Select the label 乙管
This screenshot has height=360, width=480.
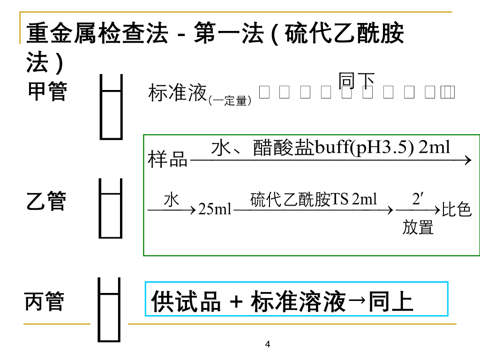click(46, 202)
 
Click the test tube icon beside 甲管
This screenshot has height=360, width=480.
click(112, 107)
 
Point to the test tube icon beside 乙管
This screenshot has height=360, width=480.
click(111, 208)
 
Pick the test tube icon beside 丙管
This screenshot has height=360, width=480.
click(109, 310)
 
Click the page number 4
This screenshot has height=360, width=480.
click(268, 345)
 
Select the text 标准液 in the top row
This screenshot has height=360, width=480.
click(178, 93)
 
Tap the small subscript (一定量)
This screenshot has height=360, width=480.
click(230, 100)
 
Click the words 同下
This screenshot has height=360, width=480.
click(357, 81)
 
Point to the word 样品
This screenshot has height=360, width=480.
click(168, 159)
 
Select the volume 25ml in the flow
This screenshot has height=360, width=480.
click(215, 209)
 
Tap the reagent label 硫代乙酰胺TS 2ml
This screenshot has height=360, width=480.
click(314, 200)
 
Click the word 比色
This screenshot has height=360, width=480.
click(457, 210)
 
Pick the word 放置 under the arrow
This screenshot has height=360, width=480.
click(418, 228)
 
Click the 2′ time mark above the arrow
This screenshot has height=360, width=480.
click(418, 199)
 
